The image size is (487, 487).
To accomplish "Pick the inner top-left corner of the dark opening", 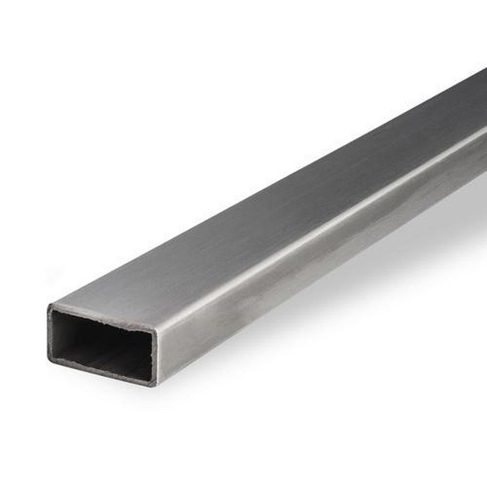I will coord(54,312).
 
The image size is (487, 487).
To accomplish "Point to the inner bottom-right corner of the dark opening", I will coord(151,378).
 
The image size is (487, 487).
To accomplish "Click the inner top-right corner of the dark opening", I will coord(152,335).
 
